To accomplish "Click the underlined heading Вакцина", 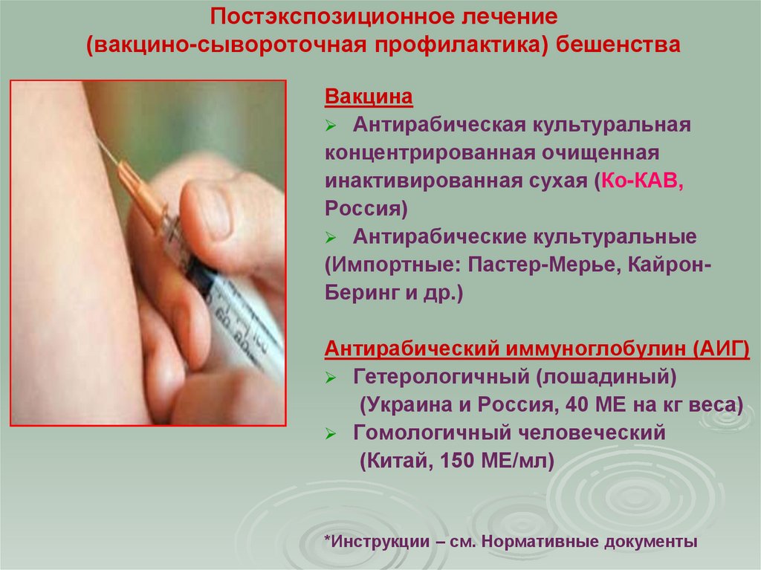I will pos(369,97).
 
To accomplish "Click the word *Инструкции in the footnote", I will pos(376,541).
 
